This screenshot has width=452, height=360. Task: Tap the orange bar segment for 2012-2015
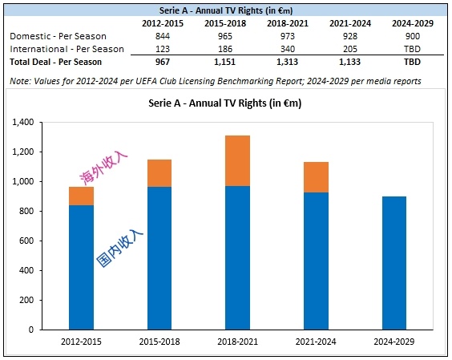[81, 196]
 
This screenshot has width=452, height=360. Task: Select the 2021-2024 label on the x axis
[316, 342]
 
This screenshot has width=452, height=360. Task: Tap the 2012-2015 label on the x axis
[81, 342]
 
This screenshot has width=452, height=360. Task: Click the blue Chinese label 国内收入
[119, 248]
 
